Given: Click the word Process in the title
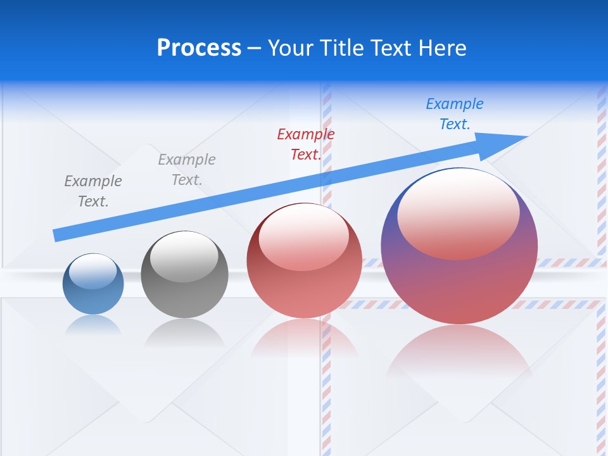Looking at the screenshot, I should [x=199, y=48].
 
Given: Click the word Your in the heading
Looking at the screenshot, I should [x=291, y=48].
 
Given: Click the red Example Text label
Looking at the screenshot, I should [x=306, y=144].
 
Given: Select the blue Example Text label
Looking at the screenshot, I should [x=455, y=114].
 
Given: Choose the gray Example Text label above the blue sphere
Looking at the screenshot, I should [x=93, y=191].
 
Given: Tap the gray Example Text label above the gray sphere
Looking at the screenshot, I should [x=187, y=169].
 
